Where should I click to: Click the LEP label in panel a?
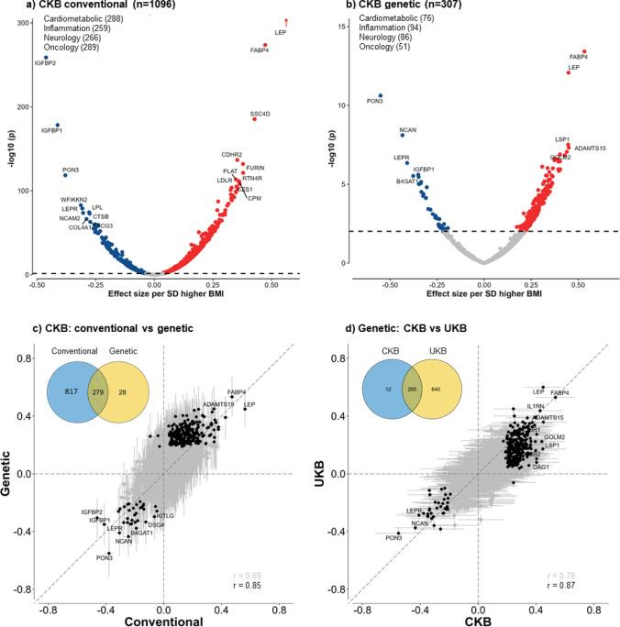pyautogui.click(x=281, y=33)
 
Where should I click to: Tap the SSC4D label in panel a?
pyautogui.click(x=272, y=114)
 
